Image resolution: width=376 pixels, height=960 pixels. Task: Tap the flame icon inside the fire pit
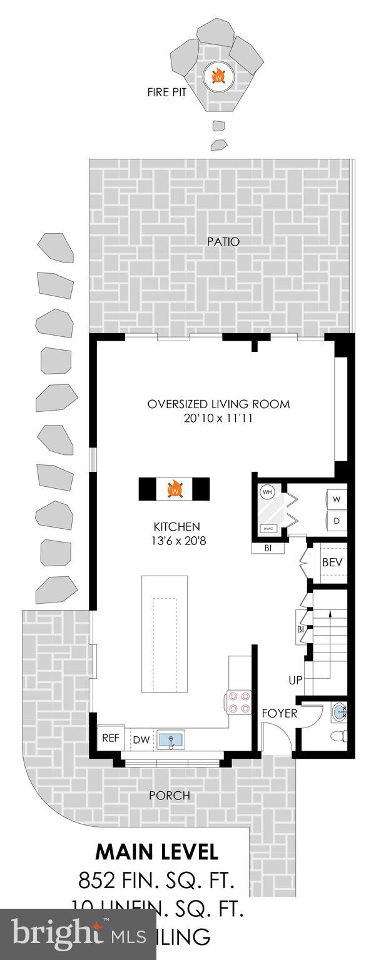coord(218,76)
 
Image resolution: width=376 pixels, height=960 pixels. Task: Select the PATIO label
coord(223,241)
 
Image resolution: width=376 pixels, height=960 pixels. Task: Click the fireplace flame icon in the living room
coord(175,489)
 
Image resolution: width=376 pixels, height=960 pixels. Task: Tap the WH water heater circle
coord(267,491)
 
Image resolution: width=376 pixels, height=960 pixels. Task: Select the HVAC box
coord(268,528)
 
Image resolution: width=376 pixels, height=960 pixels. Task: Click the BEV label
coord(332,562)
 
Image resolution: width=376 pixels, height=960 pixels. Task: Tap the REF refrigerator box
coord(110,738)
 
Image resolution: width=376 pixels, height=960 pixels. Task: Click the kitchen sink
coord(170,740)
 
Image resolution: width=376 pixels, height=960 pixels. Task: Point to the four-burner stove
coord(239,701)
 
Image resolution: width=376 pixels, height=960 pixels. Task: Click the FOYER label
coord(279,713)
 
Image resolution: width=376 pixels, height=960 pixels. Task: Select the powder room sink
coord(338,711)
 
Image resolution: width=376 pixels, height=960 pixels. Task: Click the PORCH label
coord(169,796)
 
